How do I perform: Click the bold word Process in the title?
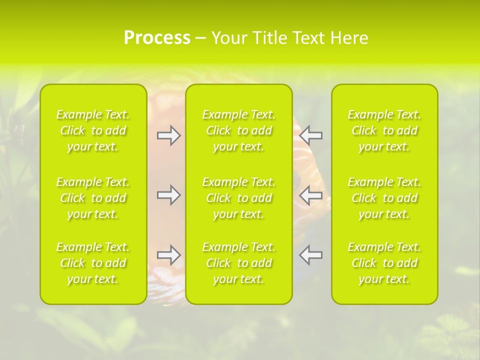pyautogui.click(x=157, y=38)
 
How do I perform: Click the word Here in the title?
pyautogui.click(x=349, y=38)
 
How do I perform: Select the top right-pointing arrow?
pyautogui.click(x=168, y=135)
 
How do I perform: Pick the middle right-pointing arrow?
pyautogui.click(x=168, y=195)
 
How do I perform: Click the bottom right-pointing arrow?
pyautogui.click(x=168, y=255)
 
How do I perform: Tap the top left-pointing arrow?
pyautogui.click(x=310, y=135)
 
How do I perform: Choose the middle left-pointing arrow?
pyautogui.click(x=310, y=195)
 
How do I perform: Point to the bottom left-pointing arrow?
pyautogui.click(x=310, y=255)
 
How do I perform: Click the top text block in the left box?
pyautogui.click(x=93, y=130)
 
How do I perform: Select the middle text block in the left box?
pyautogui.click(x=93, y=198)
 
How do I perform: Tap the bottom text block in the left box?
pyautogui.click(x=93, y=263)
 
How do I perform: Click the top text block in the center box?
pyautogui.click(x=239, y=130)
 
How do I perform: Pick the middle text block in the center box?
pyautogui.click(x=239, y=198)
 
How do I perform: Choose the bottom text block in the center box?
pyautogui.click(x=239, y=263)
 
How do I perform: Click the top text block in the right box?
pyautogui.click(x=384, y=130)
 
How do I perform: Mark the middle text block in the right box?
pyautogui.click(x=384, y=198)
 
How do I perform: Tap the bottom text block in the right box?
pyautogui.click(x=384, y=263)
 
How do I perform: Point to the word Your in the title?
pyautogui.click(x=229, y=38)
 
